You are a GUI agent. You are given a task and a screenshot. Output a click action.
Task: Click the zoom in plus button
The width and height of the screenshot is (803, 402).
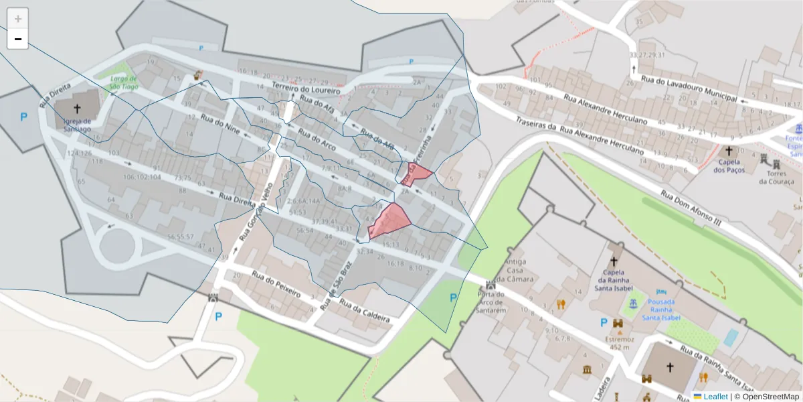coord(18,19)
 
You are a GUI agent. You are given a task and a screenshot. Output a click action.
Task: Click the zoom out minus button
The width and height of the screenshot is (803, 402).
coord(18,39)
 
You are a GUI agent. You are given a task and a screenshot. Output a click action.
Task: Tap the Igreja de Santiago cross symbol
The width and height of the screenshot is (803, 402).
coord(77,108)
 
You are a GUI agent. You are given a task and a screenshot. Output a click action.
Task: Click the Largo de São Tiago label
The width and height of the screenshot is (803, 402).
coord(124,82)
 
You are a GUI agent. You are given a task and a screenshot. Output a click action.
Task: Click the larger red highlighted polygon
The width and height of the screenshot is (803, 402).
coord(390,221)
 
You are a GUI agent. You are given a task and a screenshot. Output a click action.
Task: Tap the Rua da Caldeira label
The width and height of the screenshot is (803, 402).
coord(364,310)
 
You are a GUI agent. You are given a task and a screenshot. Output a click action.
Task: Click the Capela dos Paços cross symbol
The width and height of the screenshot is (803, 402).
coord(729,151)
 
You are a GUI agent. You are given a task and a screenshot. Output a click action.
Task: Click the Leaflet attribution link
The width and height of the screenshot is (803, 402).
coord(715,397)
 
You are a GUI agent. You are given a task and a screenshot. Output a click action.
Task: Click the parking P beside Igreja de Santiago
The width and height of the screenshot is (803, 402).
coord(23,117)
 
